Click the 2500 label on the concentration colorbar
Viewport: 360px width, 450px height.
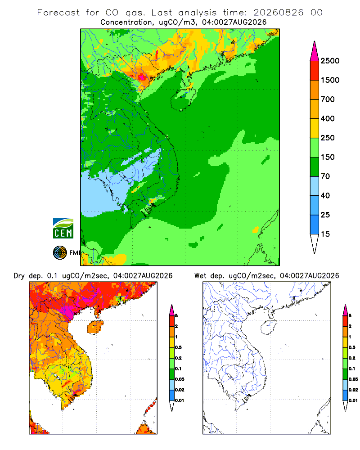(330, 61)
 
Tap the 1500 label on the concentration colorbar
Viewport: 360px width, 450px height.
(330, 80)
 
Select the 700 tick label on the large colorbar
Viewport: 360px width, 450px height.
(328, 99)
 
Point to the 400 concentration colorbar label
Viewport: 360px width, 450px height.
(328, 118)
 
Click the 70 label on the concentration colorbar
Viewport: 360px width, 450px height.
(325, 176)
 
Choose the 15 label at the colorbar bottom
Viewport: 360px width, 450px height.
(325, 234)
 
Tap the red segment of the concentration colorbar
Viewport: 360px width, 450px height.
(315, 71)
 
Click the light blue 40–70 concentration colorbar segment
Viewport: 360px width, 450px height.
(315, 186)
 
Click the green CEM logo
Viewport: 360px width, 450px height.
(63, 229)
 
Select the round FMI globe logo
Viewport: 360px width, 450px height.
(60, 253)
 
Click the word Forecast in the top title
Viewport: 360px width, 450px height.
(58, 13)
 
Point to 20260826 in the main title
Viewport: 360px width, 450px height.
(278, 13)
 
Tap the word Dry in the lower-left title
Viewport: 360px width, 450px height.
(19, 276)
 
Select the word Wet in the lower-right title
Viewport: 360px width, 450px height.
(200, 276)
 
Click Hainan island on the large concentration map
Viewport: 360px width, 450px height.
(183, 98)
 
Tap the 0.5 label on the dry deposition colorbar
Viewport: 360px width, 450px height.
(178, 347)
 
